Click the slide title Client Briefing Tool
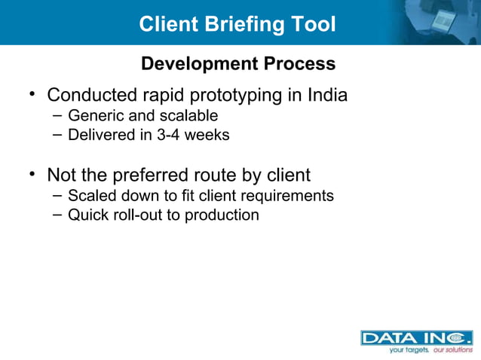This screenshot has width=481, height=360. [x=237, y=24]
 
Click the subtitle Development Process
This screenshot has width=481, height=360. [x=238, y=64]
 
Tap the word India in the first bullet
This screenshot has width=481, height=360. [x=328, y=96]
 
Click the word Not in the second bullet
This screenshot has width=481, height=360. [x=62, y=175]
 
